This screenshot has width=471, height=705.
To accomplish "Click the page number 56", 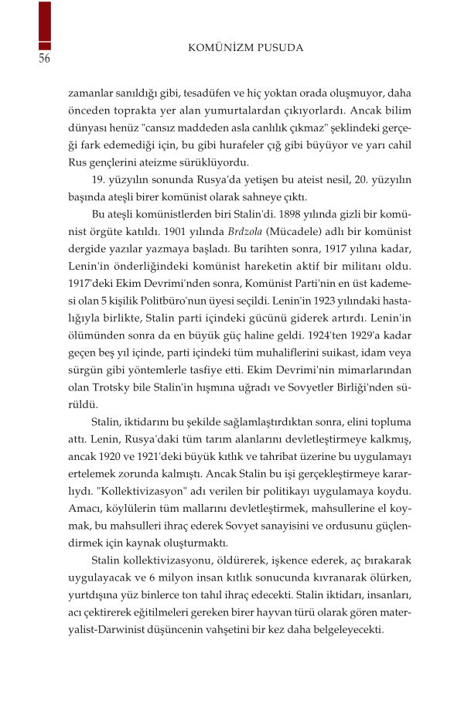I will pos(44,60).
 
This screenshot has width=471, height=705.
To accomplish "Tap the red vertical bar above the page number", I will pos(45,25).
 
